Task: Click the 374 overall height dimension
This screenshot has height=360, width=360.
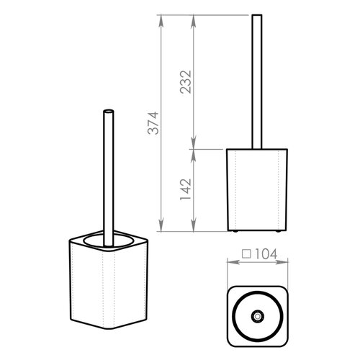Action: [x=153, y=123]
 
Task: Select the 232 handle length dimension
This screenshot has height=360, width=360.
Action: [x=186, y=82]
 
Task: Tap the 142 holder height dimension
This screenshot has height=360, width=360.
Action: [x=186, y=189]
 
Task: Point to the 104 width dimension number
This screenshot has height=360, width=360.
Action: [x=266, y=254]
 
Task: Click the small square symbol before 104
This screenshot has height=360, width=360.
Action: [x=246, y=254]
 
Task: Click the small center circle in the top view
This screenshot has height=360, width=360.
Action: [x=258, y=316]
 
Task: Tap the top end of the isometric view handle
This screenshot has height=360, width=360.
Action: [x=109, y=111]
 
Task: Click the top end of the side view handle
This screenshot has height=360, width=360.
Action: [x=257, y=15]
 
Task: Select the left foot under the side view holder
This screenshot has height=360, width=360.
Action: [x=235, y=231]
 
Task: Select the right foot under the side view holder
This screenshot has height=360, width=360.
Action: [x=278, y=231]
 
